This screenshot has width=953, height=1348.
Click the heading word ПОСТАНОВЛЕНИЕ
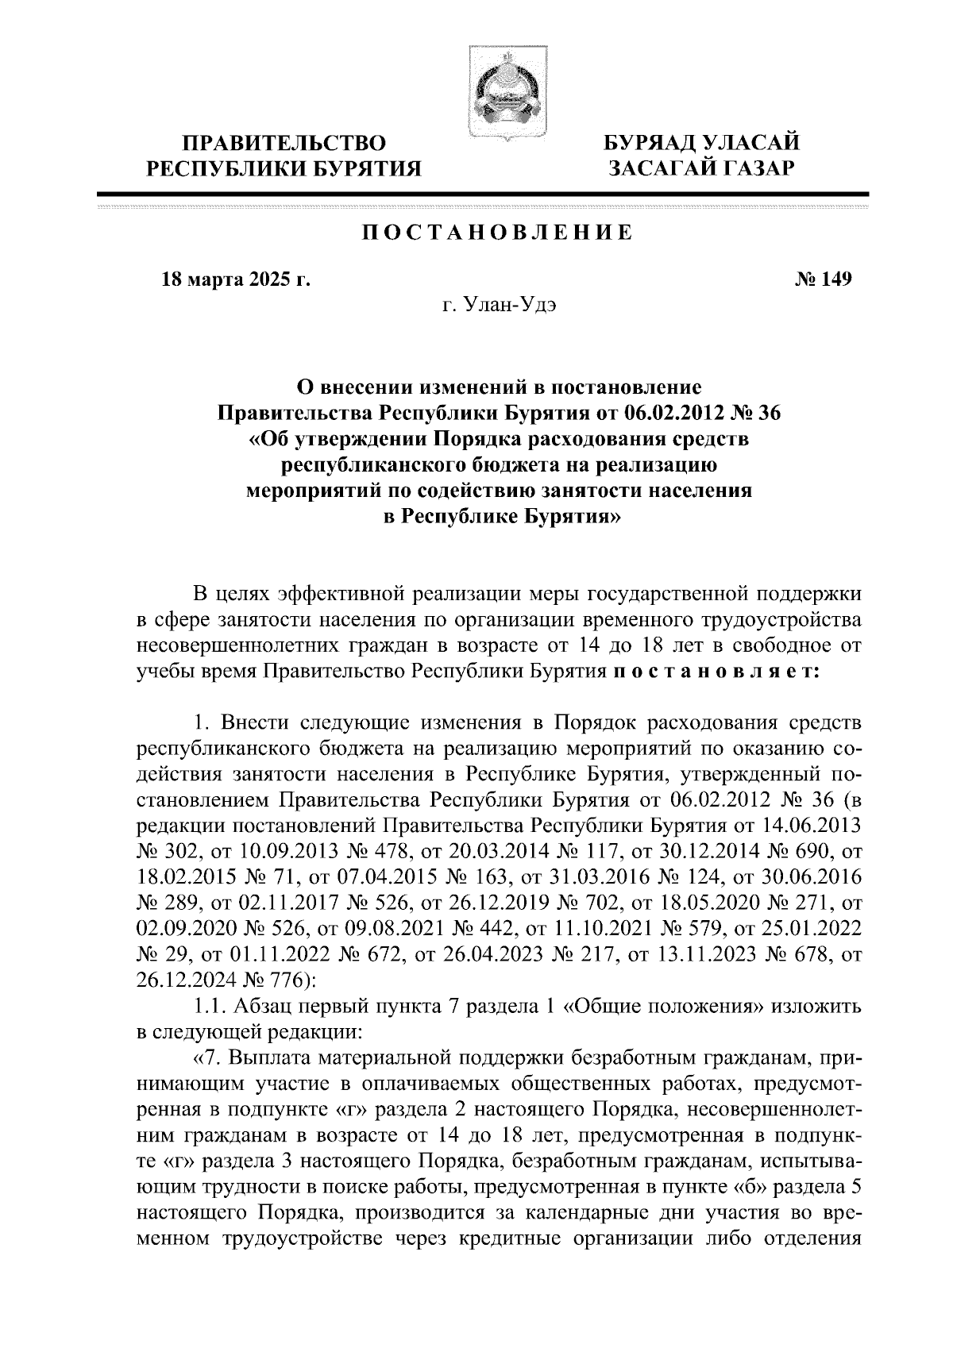point(498,233)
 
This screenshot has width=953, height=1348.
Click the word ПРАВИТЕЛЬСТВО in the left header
point(286,144)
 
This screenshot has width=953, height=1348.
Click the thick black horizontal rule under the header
point(483,194)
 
